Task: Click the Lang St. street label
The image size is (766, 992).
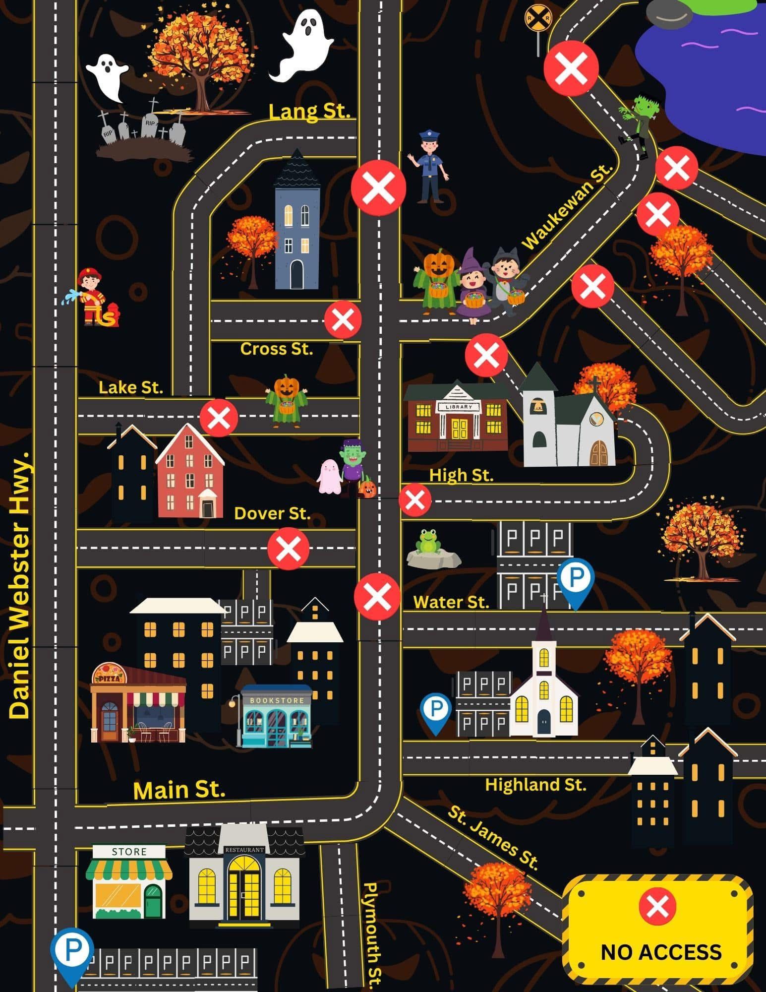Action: pos(309,111)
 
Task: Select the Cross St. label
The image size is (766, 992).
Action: pos(277,349)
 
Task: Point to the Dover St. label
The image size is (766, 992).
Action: pos(272,513)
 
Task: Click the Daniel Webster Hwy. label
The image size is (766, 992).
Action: pos(20,585)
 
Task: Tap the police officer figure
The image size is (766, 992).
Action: pos(428,166)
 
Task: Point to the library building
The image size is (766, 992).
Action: pos(457,417)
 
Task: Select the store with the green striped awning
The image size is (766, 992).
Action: pos(129,880)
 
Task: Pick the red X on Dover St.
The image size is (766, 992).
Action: pos(289,549)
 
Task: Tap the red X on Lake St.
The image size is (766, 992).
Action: pos(219,417)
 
